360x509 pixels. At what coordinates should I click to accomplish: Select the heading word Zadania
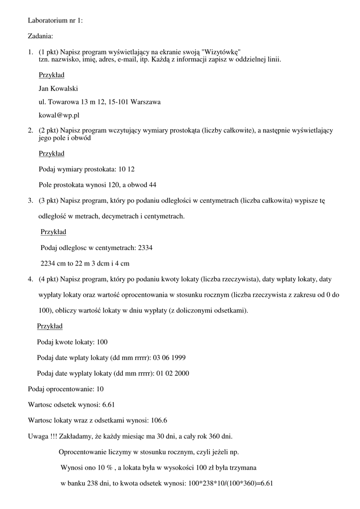click(x=40, y=36)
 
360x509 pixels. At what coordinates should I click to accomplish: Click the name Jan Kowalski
click(x=59, y=88)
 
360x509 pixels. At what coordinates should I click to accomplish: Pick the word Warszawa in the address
click(x=146, y=102)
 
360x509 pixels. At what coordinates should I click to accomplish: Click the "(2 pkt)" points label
click(x=49, y=130)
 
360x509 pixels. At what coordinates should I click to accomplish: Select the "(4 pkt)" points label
click(x=49, y=279)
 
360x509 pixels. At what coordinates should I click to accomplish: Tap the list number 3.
click(x=30, y=201)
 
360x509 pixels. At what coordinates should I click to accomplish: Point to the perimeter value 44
click(x=153, y=185)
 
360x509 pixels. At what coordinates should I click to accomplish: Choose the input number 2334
click(x=145, y=248)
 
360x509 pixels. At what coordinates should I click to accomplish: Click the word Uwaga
click(x=38, y=436)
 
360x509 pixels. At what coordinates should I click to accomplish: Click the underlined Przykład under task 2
click(x=52, y=154)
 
